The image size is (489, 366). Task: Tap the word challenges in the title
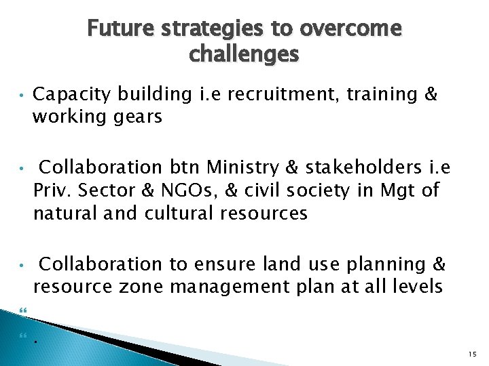coord(244,54)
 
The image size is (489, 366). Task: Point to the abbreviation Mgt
coord(400,191)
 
